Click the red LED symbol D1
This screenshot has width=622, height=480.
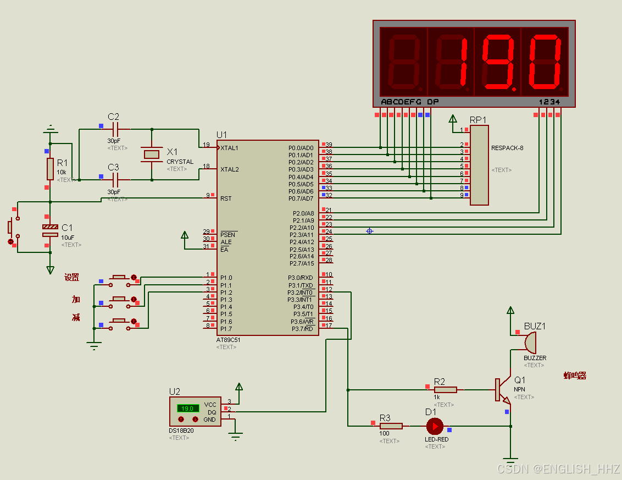(435, 426)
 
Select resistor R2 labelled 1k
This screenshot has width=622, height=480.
(445, 390)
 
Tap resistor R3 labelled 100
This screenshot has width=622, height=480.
(391, 426)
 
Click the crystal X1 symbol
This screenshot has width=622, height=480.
(152, 155)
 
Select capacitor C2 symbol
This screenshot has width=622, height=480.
(115, 129)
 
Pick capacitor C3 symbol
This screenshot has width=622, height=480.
(115, 179)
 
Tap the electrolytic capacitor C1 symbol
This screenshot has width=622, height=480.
(50, 230)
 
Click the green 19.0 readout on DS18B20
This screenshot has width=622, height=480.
(187, 409)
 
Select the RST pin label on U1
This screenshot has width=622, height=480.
(226, 198)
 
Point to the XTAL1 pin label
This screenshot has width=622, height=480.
(230, 148)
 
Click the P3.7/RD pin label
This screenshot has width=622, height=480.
(302, 329)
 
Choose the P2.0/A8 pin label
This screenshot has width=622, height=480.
(302, 213)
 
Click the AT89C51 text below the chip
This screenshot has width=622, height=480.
(228, 340)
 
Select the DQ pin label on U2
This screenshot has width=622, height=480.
(212, 412)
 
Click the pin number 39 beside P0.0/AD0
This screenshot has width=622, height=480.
(329, 145)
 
